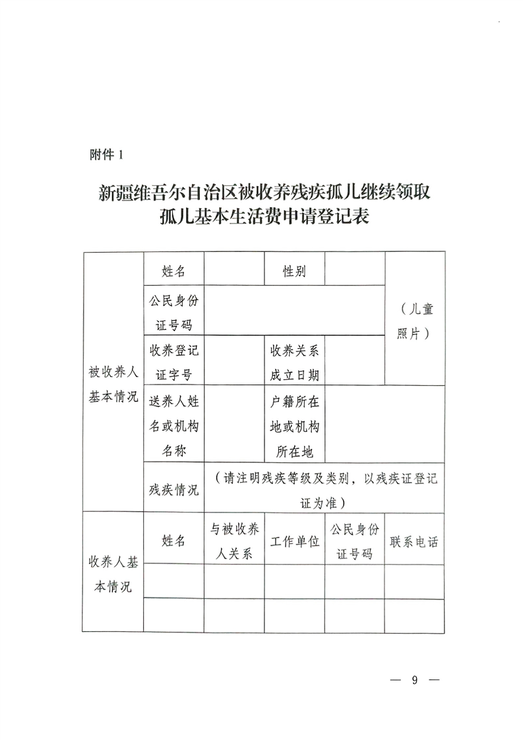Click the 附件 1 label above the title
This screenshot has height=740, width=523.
coord(106,156)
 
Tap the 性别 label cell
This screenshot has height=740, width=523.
coord(294,270)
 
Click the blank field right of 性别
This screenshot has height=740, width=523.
coord(354,270)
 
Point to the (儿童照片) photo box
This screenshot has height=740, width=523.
coord(414,320)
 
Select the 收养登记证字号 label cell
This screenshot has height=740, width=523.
coord(174,361)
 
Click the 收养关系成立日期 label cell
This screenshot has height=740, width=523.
coord(294,361)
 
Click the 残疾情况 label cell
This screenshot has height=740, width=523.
coord(174,489)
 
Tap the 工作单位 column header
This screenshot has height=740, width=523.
coord(294,541)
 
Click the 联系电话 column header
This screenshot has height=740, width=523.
coord(414,541)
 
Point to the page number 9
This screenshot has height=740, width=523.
coord(414,680)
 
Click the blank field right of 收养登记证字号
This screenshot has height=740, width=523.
coord(234,361)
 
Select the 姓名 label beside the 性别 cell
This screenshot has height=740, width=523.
coord(174,270)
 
